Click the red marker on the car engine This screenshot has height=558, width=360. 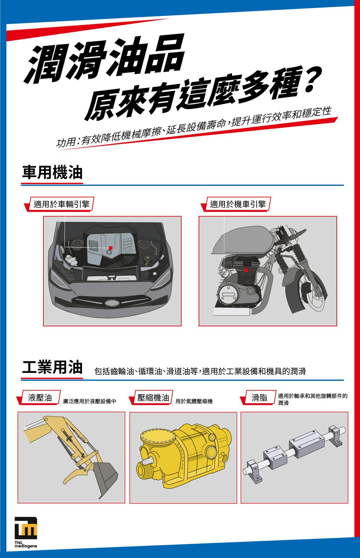pyautogui.click(x=111, y=248)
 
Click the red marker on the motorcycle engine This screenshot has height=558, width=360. pyautogui.click(x=246, y=270)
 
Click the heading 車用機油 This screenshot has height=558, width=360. pyautogui.click(x=52, y=172)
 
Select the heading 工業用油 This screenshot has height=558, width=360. pyautogui.click(x=52, y=367)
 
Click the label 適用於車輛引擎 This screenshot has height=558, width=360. pyautogui.click(x=61, y=204)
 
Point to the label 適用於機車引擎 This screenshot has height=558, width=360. pyautogui.click(x=238, y=204)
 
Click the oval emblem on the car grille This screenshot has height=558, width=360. pyautogui.click(x=113, y=303)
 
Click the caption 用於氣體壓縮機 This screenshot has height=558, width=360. pyautogui.click(x=194, y=401)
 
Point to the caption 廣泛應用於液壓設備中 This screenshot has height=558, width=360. pyautogui.click(x=90, y=401)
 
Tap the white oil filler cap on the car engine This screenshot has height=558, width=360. pyautogui.click(x=109, y=252)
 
